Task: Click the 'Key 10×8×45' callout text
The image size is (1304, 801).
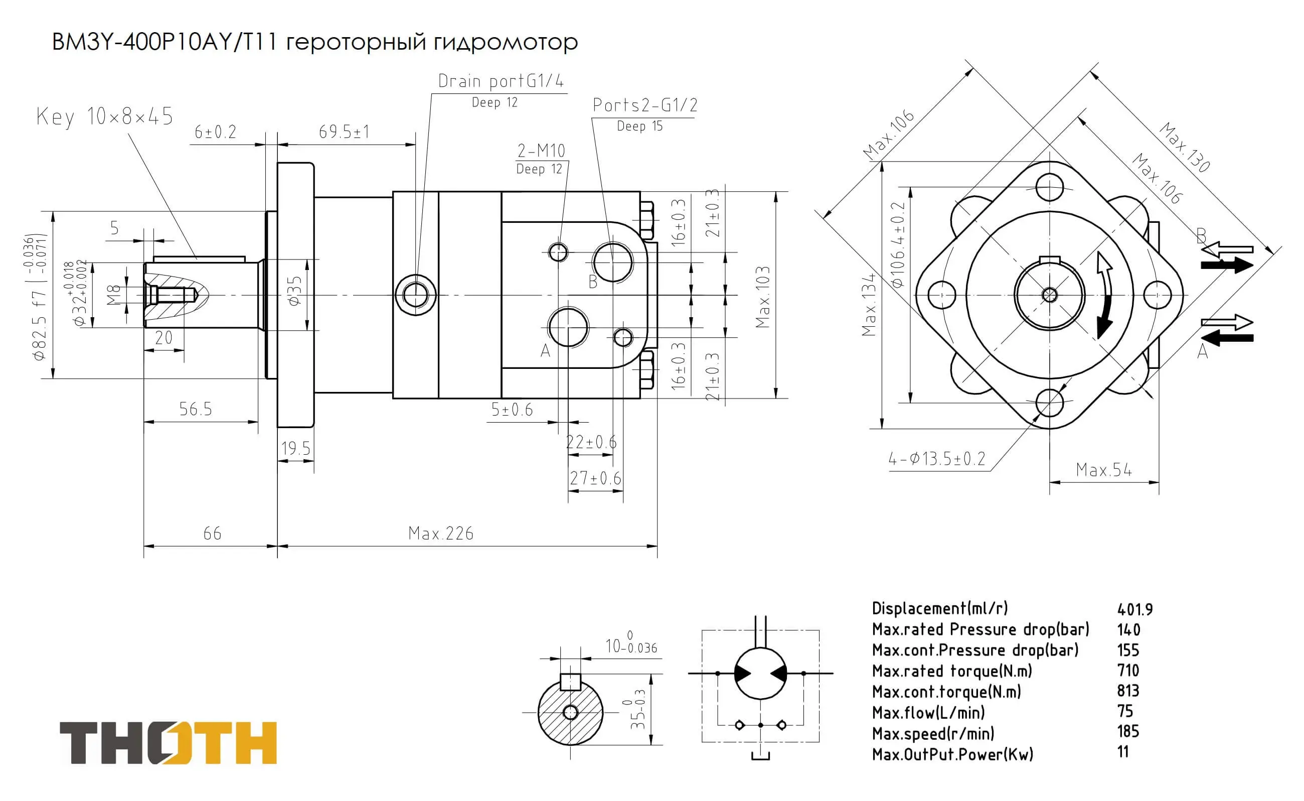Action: coord(105,116)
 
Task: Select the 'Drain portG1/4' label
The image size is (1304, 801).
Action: coord(501,81)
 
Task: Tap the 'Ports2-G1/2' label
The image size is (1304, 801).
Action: coord(644,105)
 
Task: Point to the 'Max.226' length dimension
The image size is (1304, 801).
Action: coord(440,533)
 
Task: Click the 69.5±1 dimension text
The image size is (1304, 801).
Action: coord(344,131)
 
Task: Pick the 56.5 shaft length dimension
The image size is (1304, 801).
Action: coord(196,409)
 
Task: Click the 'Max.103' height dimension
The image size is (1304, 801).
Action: coord(762,297)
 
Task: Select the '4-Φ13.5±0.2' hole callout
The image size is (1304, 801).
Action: coord(936,458)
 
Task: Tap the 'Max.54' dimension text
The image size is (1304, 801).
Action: coord(1104,470)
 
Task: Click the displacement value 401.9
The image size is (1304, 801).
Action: coord(1134,610)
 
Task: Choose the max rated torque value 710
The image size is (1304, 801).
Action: coord(1128,671)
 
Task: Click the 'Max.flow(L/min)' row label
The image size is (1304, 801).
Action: coord(929,713)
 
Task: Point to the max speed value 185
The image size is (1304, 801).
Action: coord(1128,732)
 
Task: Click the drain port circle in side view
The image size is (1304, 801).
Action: coord(416,295)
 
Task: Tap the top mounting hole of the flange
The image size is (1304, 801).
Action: coord(1049,187)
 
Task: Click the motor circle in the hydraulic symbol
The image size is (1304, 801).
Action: coord(760,674)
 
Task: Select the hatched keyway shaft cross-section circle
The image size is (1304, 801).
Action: coord(570,713)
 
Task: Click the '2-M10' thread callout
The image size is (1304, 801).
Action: coord(541,151)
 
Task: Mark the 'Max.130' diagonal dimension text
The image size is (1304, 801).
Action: coord(1184,147)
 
